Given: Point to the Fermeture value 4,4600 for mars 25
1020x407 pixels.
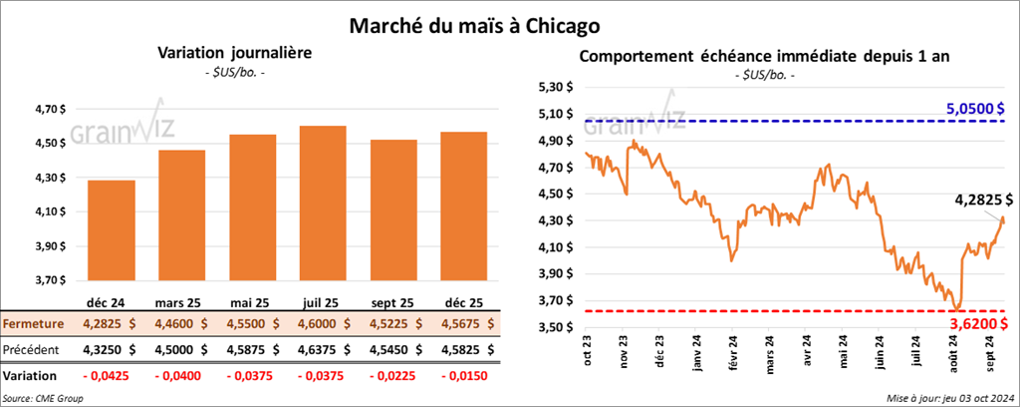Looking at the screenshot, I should click(182, 323).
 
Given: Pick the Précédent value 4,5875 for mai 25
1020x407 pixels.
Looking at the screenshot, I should click(254, 349).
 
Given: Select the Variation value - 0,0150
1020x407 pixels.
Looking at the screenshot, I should click(466, 375).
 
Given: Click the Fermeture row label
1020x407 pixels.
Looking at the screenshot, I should click(33, 323).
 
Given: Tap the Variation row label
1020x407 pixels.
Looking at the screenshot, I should click(30, 375).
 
